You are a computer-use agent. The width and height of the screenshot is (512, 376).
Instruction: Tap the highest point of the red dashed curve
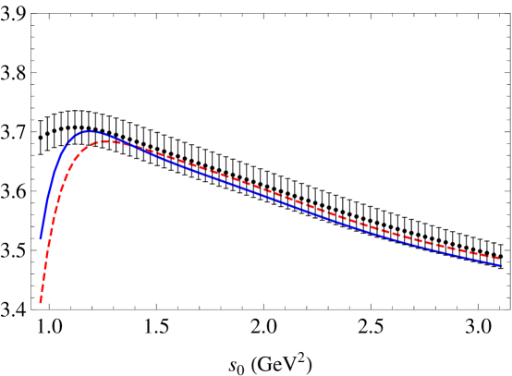point(108,140)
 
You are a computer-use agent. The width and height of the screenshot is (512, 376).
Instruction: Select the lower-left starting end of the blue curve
point(41,238)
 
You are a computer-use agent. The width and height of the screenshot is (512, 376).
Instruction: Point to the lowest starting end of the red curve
point(40,303)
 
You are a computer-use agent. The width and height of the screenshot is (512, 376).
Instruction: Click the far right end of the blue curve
point(500,266)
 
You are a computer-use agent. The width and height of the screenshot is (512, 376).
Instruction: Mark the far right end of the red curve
point(500,259)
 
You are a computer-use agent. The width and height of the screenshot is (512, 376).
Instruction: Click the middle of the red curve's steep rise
point(52,222)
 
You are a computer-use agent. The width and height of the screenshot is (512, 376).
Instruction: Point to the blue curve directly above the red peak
point(108,135)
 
